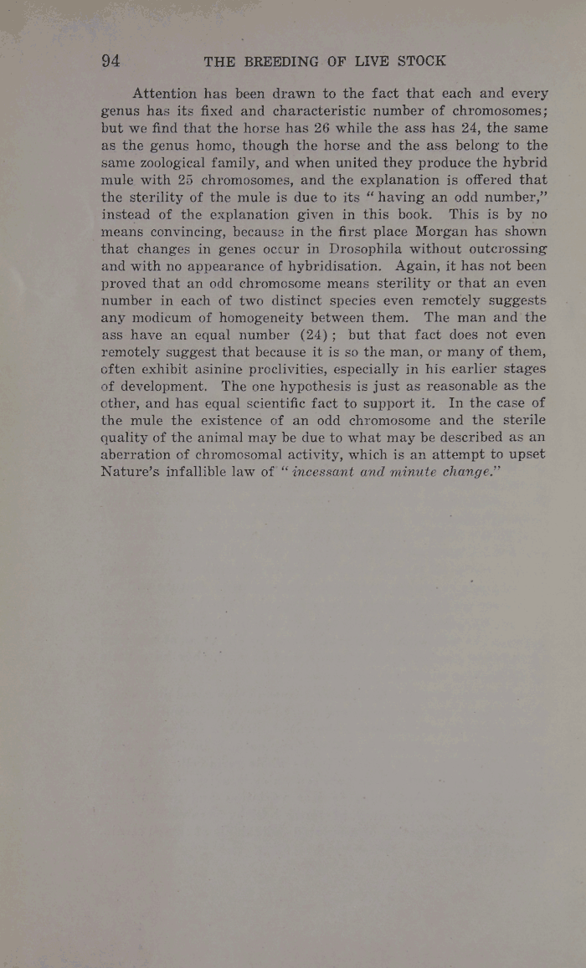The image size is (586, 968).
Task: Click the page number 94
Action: point(111,60)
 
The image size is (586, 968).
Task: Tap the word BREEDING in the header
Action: point(282,61)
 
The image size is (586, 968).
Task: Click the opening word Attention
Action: point(165,94)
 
